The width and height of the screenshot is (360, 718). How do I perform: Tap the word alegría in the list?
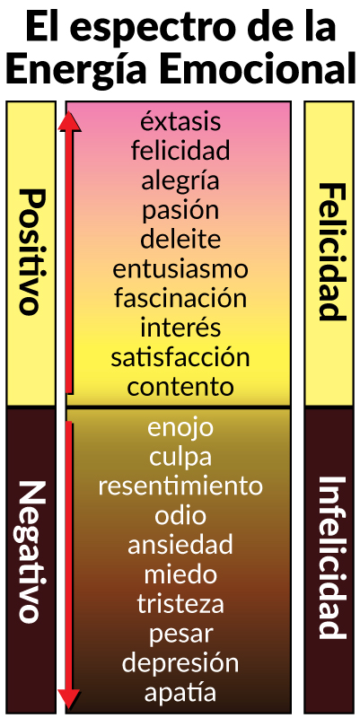click(180, 181)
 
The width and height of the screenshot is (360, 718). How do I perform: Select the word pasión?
click(180, 211)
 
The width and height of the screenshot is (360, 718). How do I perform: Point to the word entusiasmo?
click(180, 269)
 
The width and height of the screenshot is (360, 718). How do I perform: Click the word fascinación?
click(180, 299)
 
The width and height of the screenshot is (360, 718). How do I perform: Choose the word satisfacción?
click(180, 357)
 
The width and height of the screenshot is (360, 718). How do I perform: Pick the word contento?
click(180, 388)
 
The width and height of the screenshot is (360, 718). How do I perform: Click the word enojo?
click(180, 429)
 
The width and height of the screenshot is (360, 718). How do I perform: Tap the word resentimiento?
click(180, 486)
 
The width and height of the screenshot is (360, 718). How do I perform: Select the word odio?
click(180, 515)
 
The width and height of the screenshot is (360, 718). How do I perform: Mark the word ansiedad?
click(180, 545)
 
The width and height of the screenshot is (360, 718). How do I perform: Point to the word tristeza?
click(180, 603)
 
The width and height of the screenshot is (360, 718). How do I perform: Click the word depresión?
click(180, 663)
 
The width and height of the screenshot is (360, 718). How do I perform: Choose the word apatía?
click(180, 693)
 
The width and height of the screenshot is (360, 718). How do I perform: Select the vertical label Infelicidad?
click(330, 557)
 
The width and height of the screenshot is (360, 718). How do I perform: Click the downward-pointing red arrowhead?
click(69, 698)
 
